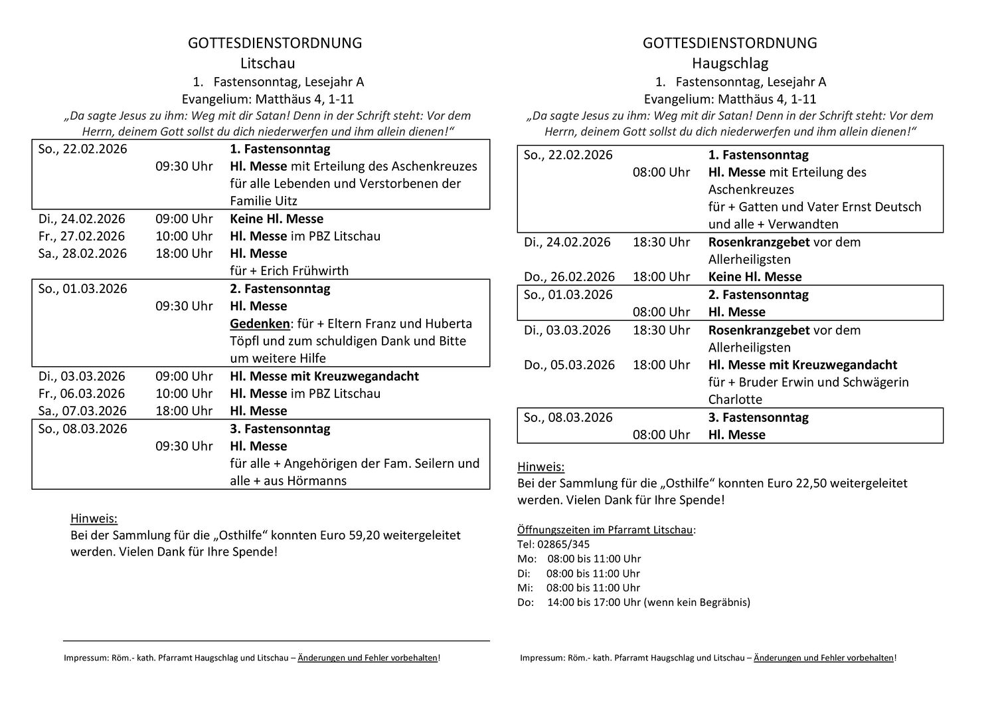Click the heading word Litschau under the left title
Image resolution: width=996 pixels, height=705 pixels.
pos(268,64)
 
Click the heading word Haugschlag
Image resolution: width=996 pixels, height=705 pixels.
pos(730,64)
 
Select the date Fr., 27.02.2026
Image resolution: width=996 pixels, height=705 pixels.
pos(82,237)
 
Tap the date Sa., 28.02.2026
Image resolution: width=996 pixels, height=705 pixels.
pos(82,254)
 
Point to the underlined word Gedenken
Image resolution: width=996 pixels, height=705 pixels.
pos(260,324)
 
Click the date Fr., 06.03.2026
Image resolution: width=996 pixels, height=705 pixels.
pos(82,394)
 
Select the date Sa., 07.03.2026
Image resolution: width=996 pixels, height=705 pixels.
pos(82,411)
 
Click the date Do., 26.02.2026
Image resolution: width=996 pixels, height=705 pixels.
pos(569,277)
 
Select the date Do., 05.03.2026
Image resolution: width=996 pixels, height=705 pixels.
pos(569,365)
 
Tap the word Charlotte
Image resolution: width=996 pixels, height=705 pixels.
pos(735,400)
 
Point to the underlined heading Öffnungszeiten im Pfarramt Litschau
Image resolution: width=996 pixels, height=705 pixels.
pos(605,530)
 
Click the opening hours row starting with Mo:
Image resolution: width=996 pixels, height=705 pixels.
pos(579,559)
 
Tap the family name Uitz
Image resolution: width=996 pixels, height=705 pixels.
pos(280,201)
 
